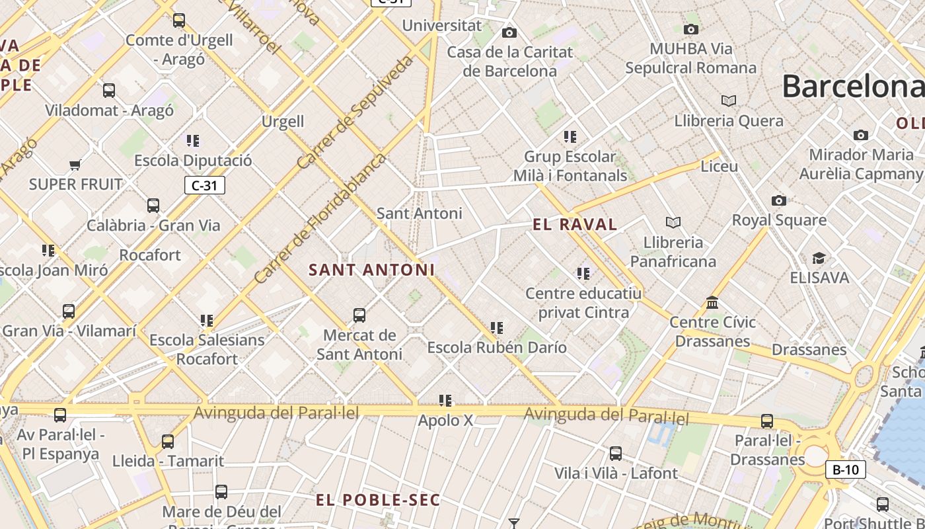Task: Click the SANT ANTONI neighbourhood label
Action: (372, 270)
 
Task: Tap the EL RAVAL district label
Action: (575, 225)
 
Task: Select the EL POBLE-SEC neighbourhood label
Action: (378, 500)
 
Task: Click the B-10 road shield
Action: (845, 470)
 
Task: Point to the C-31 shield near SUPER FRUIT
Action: (204, 185)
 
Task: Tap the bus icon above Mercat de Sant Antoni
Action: (359, 315)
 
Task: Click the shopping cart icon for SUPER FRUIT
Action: (75, 165)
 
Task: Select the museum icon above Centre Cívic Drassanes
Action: (712, 303)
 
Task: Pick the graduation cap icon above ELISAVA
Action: (819, 258)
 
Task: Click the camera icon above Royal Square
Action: (779, 201)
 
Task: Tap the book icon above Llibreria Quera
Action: (729, 101)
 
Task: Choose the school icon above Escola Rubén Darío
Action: (497, 328)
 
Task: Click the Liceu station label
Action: (719, 166)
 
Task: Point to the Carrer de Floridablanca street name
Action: (320, 219)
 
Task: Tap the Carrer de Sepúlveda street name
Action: (355, 112)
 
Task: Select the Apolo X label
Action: (445, 420)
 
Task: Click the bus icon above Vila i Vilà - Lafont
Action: (616, 454)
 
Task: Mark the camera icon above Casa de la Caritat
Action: (509, 33)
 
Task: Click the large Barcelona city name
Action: (852, 86)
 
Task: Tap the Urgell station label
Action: (283, 122)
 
